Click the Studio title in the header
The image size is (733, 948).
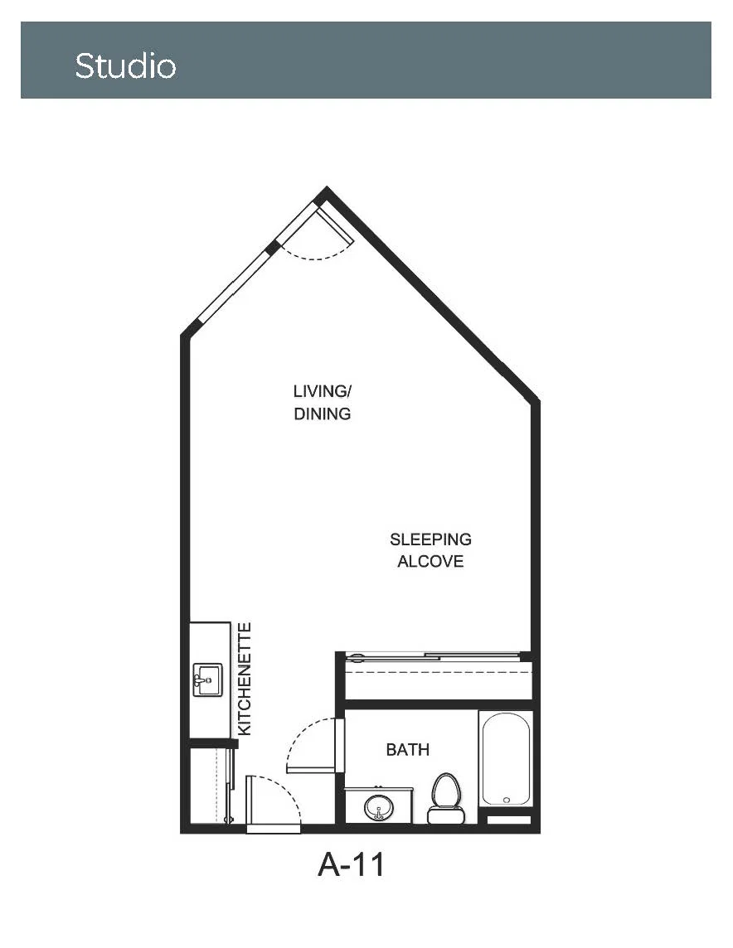coord(125,65)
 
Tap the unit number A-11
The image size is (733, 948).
coord(351,864)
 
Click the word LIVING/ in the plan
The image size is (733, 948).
coord(323,391)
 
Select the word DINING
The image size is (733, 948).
coord(323,414)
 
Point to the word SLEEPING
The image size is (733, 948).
coord(430,539)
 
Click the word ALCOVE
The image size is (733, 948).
coord(430,561)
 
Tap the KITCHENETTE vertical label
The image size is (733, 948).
coord(245,679)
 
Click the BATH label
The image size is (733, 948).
coord(408,750)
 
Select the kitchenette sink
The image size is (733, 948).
coord(207,680)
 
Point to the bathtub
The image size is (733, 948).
coord(506,759)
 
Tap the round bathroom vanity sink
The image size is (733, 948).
coord(379,807)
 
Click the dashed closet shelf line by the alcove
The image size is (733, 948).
coord(439,672)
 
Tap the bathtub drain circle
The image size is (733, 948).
coord(506,800)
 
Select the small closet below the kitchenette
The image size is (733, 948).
coord(208,786)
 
